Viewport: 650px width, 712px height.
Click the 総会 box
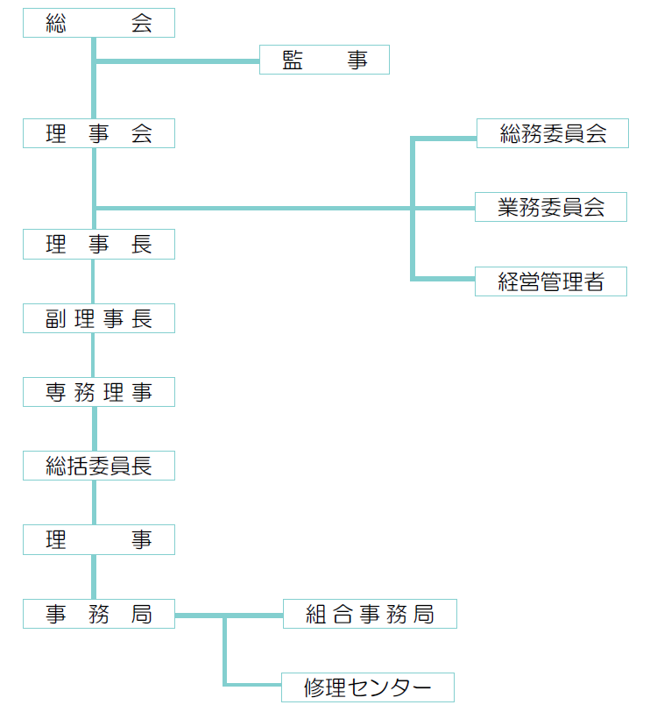click(x=99, y=24)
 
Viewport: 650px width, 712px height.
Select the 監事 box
click(x=324, y=61)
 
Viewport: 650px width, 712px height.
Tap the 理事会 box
click(x=99, y=134)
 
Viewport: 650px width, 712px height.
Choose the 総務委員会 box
click(x=552, y=134)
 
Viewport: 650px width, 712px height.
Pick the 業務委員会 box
click(x=551, y=208)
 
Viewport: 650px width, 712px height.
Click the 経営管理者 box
click(x=551, y=282)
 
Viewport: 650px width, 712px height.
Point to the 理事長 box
click(x=99, y=245)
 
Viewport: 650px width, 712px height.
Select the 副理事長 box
click(x=99, y=319)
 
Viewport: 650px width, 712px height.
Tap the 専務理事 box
click(x=99, y=393)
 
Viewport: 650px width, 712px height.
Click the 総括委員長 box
click(x=99, y=466)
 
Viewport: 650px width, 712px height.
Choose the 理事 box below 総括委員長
click(x=99, y=541)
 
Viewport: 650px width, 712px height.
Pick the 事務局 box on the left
click(x=99, y=615)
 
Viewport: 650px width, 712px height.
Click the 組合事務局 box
click(x=370, y=615)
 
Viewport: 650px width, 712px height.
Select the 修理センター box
click(x=368, y=687)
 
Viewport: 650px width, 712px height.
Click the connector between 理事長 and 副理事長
click(x=94, y=282)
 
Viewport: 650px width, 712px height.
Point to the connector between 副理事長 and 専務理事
click(x=94, y=356)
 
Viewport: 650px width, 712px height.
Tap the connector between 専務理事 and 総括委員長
click(x=94, y=430)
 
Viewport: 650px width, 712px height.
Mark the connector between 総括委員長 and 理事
click(x=94, y=503)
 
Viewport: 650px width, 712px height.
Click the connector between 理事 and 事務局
click(x=94, y=578)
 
